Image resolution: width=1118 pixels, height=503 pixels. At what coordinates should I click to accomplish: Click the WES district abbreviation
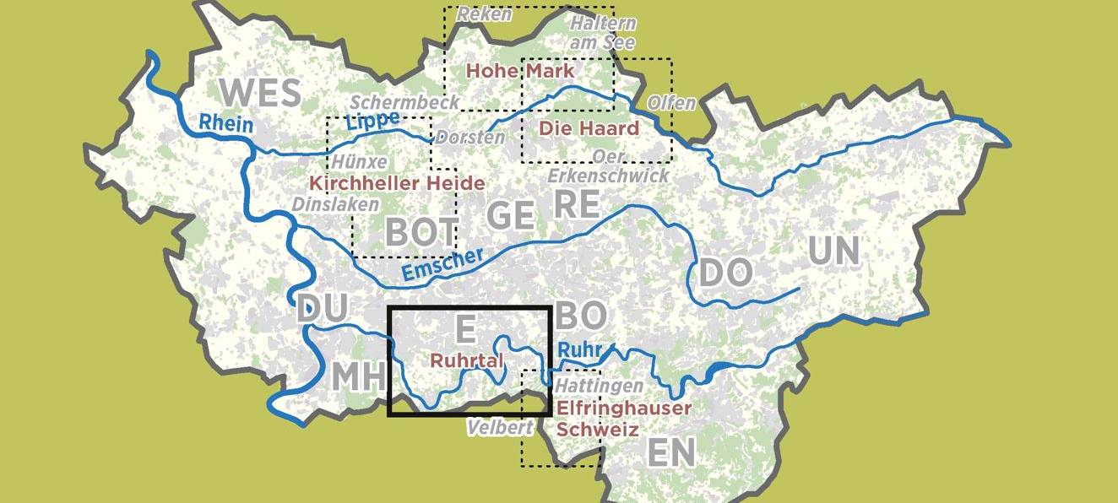pyautogui.click(x=260, y=92)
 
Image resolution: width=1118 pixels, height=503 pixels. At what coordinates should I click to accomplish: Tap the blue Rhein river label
pyautogui.click(x=225, y=123)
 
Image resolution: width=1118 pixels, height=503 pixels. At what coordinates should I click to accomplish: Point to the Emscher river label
pyautogui.click(x=442, y=265)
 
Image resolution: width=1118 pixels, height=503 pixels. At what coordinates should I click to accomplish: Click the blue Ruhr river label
pyautogui.click(x=579, y=348)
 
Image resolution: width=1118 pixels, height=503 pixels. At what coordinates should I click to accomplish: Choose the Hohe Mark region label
pyautogui.click(x=520, y=71)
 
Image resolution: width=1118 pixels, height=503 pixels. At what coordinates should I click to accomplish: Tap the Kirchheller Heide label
pyautogui.click(x=397, y=183)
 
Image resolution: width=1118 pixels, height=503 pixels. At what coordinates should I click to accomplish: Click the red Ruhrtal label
pyautogui.click(x=467, y=360)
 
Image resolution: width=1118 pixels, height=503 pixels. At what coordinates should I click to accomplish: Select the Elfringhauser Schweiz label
pyautogui.click(x=624, y=419)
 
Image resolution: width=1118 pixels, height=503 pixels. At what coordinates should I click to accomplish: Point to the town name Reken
pyautogui.click(x=485, y=14)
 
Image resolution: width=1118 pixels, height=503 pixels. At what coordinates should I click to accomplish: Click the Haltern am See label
pyautogui.click(x=602, y=32)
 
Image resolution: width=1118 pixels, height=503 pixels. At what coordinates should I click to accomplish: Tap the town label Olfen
pyautogui.click(x=671, y=103)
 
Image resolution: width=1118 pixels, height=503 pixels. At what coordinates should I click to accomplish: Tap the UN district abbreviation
pyautogui.click(x=833, y=251)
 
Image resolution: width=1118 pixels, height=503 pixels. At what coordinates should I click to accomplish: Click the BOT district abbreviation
pyautogui.click(x=421, y=232)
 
